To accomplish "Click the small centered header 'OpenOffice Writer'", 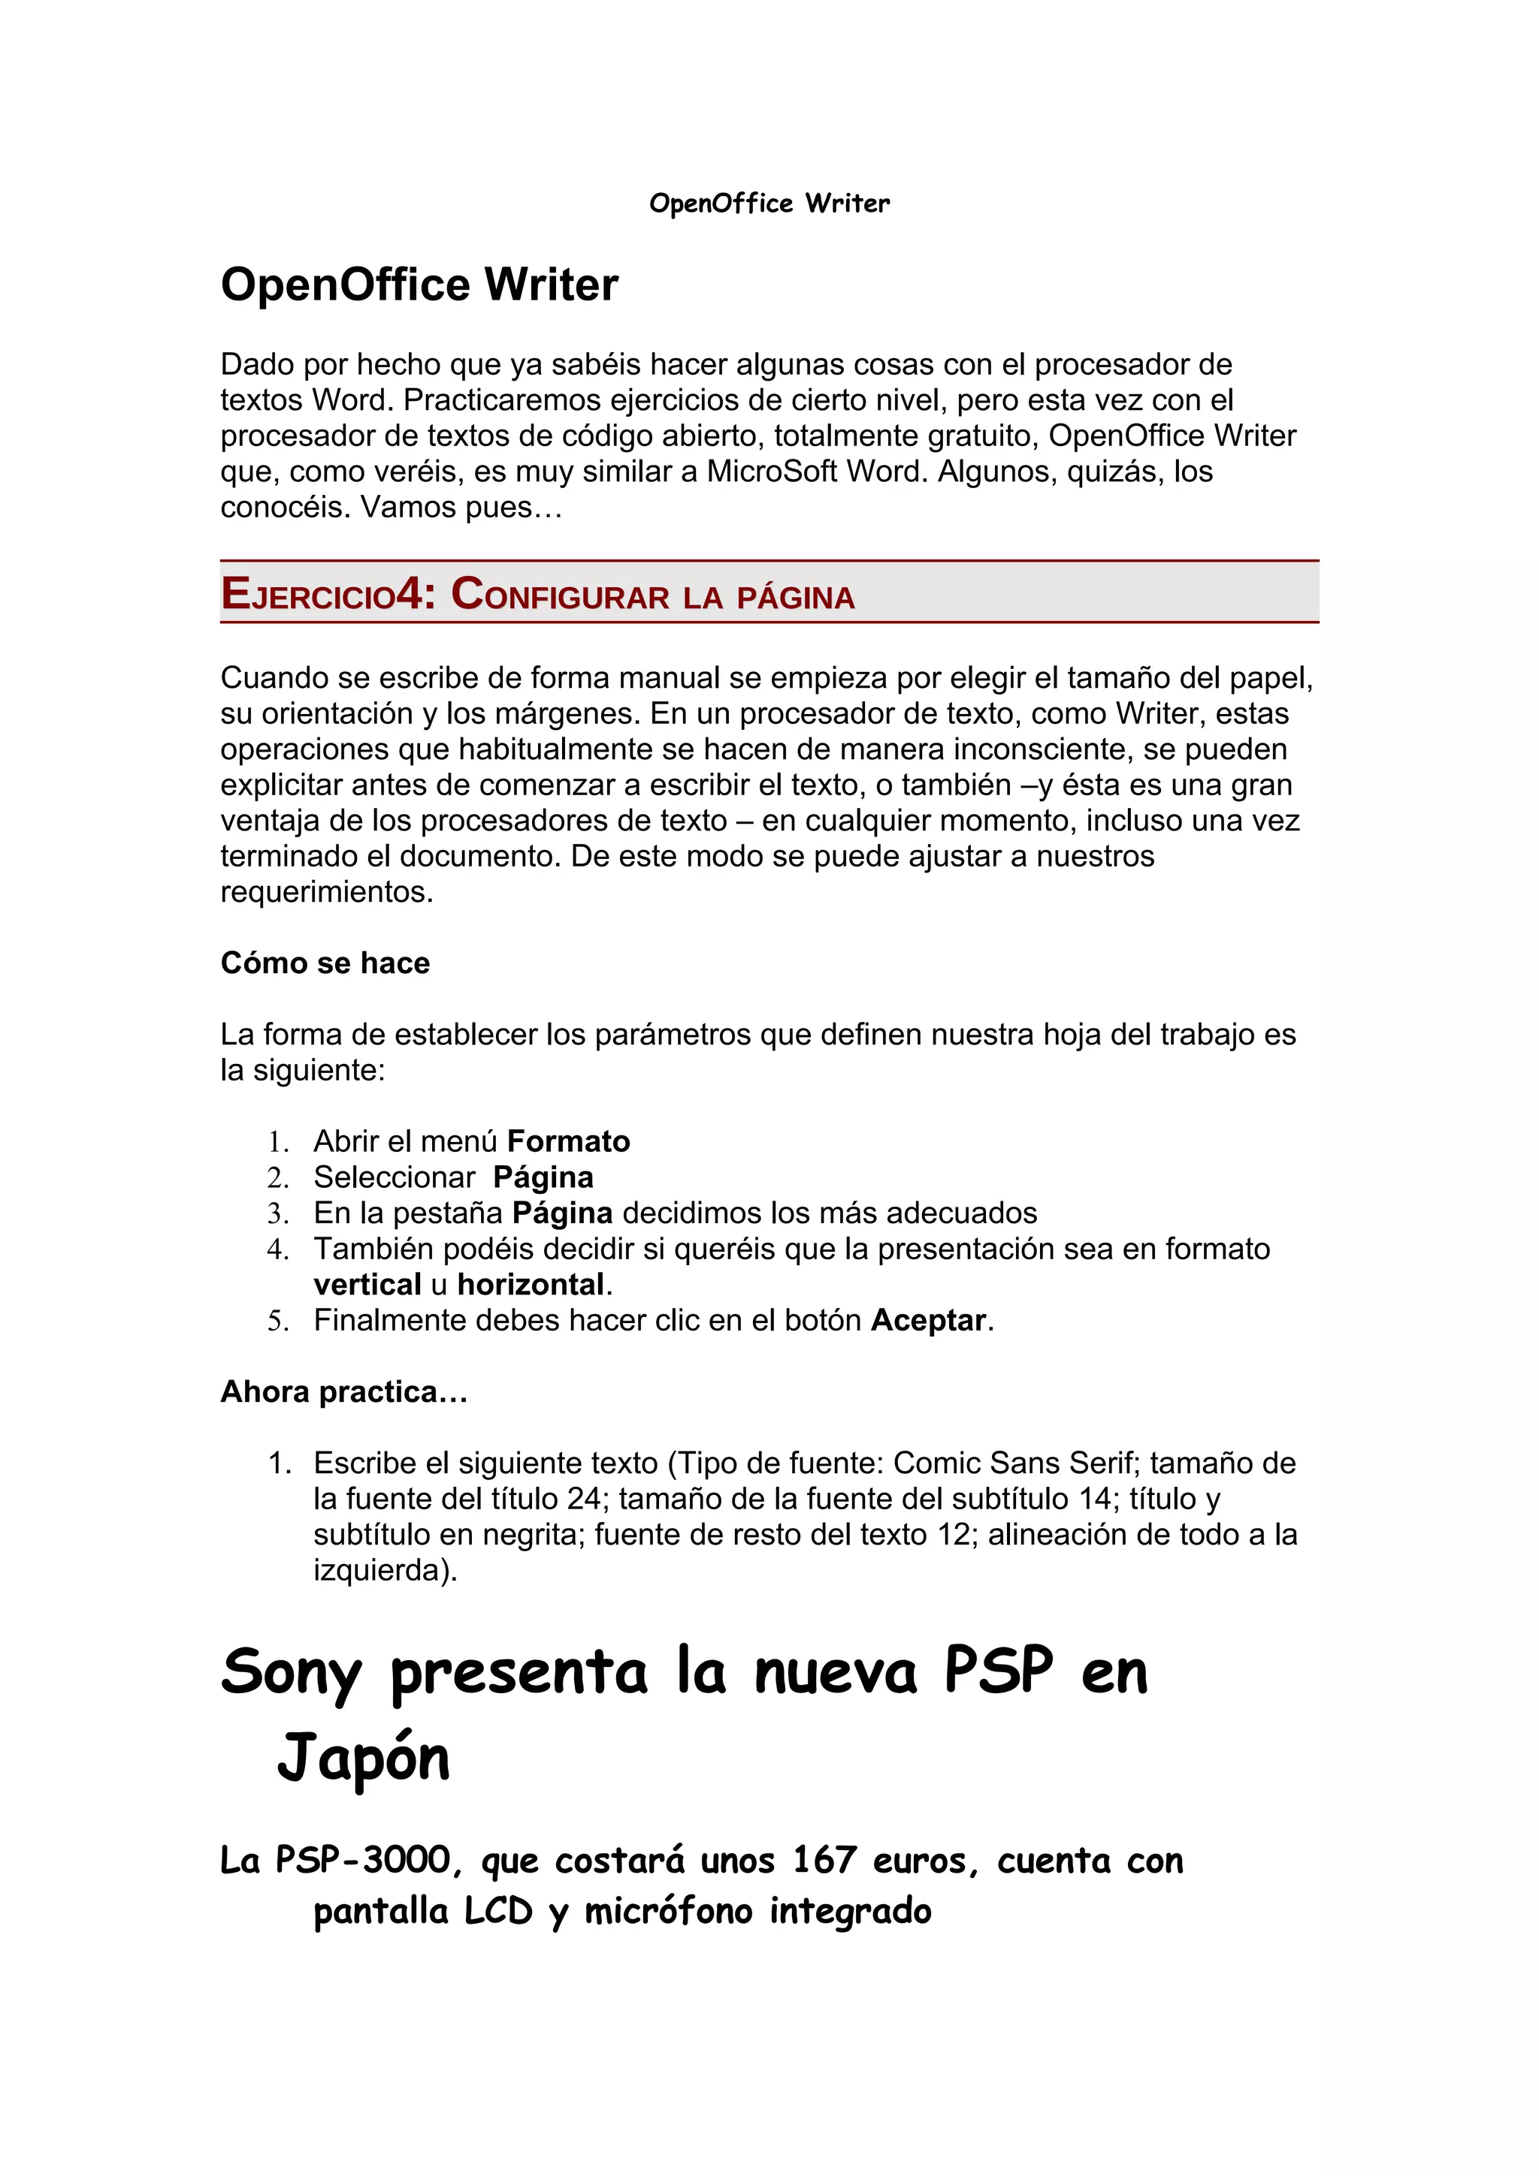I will (x=769, y=203).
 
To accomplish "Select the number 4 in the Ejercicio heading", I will (x=409, y=593).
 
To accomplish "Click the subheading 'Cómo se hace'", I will (x=325, y=963).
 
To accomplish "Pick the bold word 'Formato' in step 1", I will (x=569, y=1141).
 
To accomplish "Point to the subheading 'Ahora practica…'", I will (x=344, y=1391).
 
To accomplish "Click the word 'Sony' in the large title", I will (x=291, y=1673).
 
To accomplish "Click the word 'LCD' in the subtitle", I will (x=499, y=1912).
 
